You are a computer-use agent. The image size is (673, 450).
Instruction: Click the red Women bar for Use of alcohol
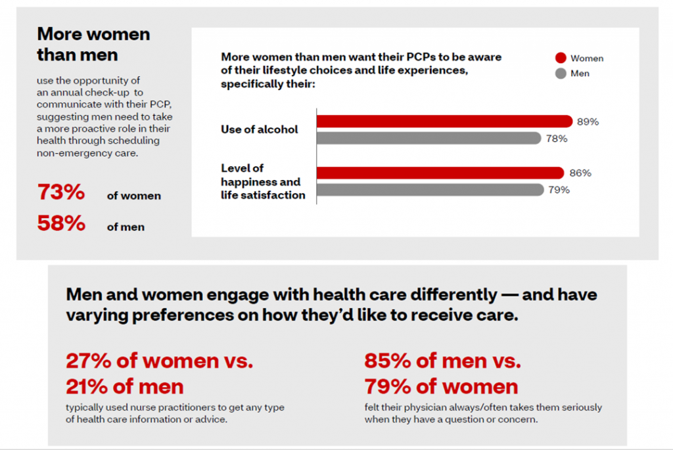pyautogui.click(x=444, y=121)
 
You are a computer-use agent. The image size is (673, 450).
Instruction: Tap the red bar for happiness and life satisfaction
pyautogui.click(x=440, y=173)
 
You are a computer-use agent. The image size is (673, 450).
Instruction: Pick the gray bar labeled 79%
pyautogui.click(x=429, y=190)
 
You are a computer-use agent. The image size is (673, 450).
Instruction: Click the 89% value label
pyautogui.click(x=588, y=122)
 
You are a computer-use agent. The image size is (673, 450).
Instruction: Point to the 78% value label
pyautogui.click(x=557, y=139)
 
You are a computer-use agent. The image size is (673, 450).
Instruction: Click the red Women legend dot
pyautogui.click(x=561, y=58)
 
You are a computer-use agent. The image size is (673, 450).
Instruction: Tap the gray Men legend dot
pyautogui.click(x=561, y=74)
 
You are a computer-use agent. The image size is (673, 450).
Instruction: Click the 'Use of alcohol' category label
pyautogui.click(x=259, y=129)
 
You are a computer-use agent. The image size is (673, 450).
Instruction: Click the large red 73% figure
pyautogui.click(x=61, y=193)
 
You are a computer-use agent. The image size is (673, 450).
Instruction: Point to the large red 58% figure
pyautogui.click(x=61, y=223)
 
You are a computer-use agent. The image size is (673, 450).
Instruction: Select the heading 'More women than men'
pyautogui.click(x=93, y=43)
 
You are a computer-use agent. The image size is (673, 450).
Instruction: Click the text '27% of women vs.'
pyautogui.click(x=159, y=361)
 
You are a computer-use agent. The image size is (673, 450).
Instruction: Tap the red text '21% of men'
pyautogui.click(x=125, y=386)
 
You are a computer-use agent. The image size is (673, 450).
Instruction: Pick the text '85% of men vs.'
pyautogui.click(x=442, y=361)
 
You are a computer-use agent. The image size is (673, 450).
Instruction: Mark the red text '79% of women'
pyautogui.click(x=441, y=386)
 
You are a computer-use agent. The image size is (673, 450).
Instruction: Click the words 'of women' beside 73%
pyautogui.click(x=133, y=196)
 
